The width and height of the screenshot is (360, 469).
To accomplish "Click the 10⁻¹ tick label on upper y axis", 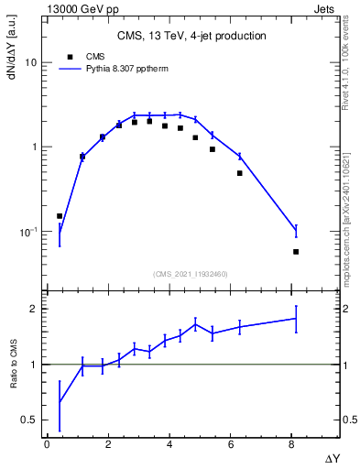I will coord(27,232).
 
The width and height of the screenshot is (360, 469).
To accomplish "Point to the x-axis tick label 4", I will coord(171,444).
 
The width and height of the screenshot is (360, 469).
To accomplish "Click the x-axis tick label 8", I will coord(295,444).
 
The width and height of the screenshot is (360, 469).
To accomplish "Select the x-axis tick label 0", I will coord(47,444).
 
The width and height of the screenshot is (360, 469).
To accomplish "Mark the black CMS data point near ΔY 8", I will coord(296,251).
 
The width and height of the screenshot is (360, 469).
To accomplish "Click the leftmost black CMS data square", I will coord(60,216).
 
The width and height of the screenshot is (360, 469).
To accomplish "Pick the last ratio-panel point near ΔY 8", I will coord(296,318).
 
